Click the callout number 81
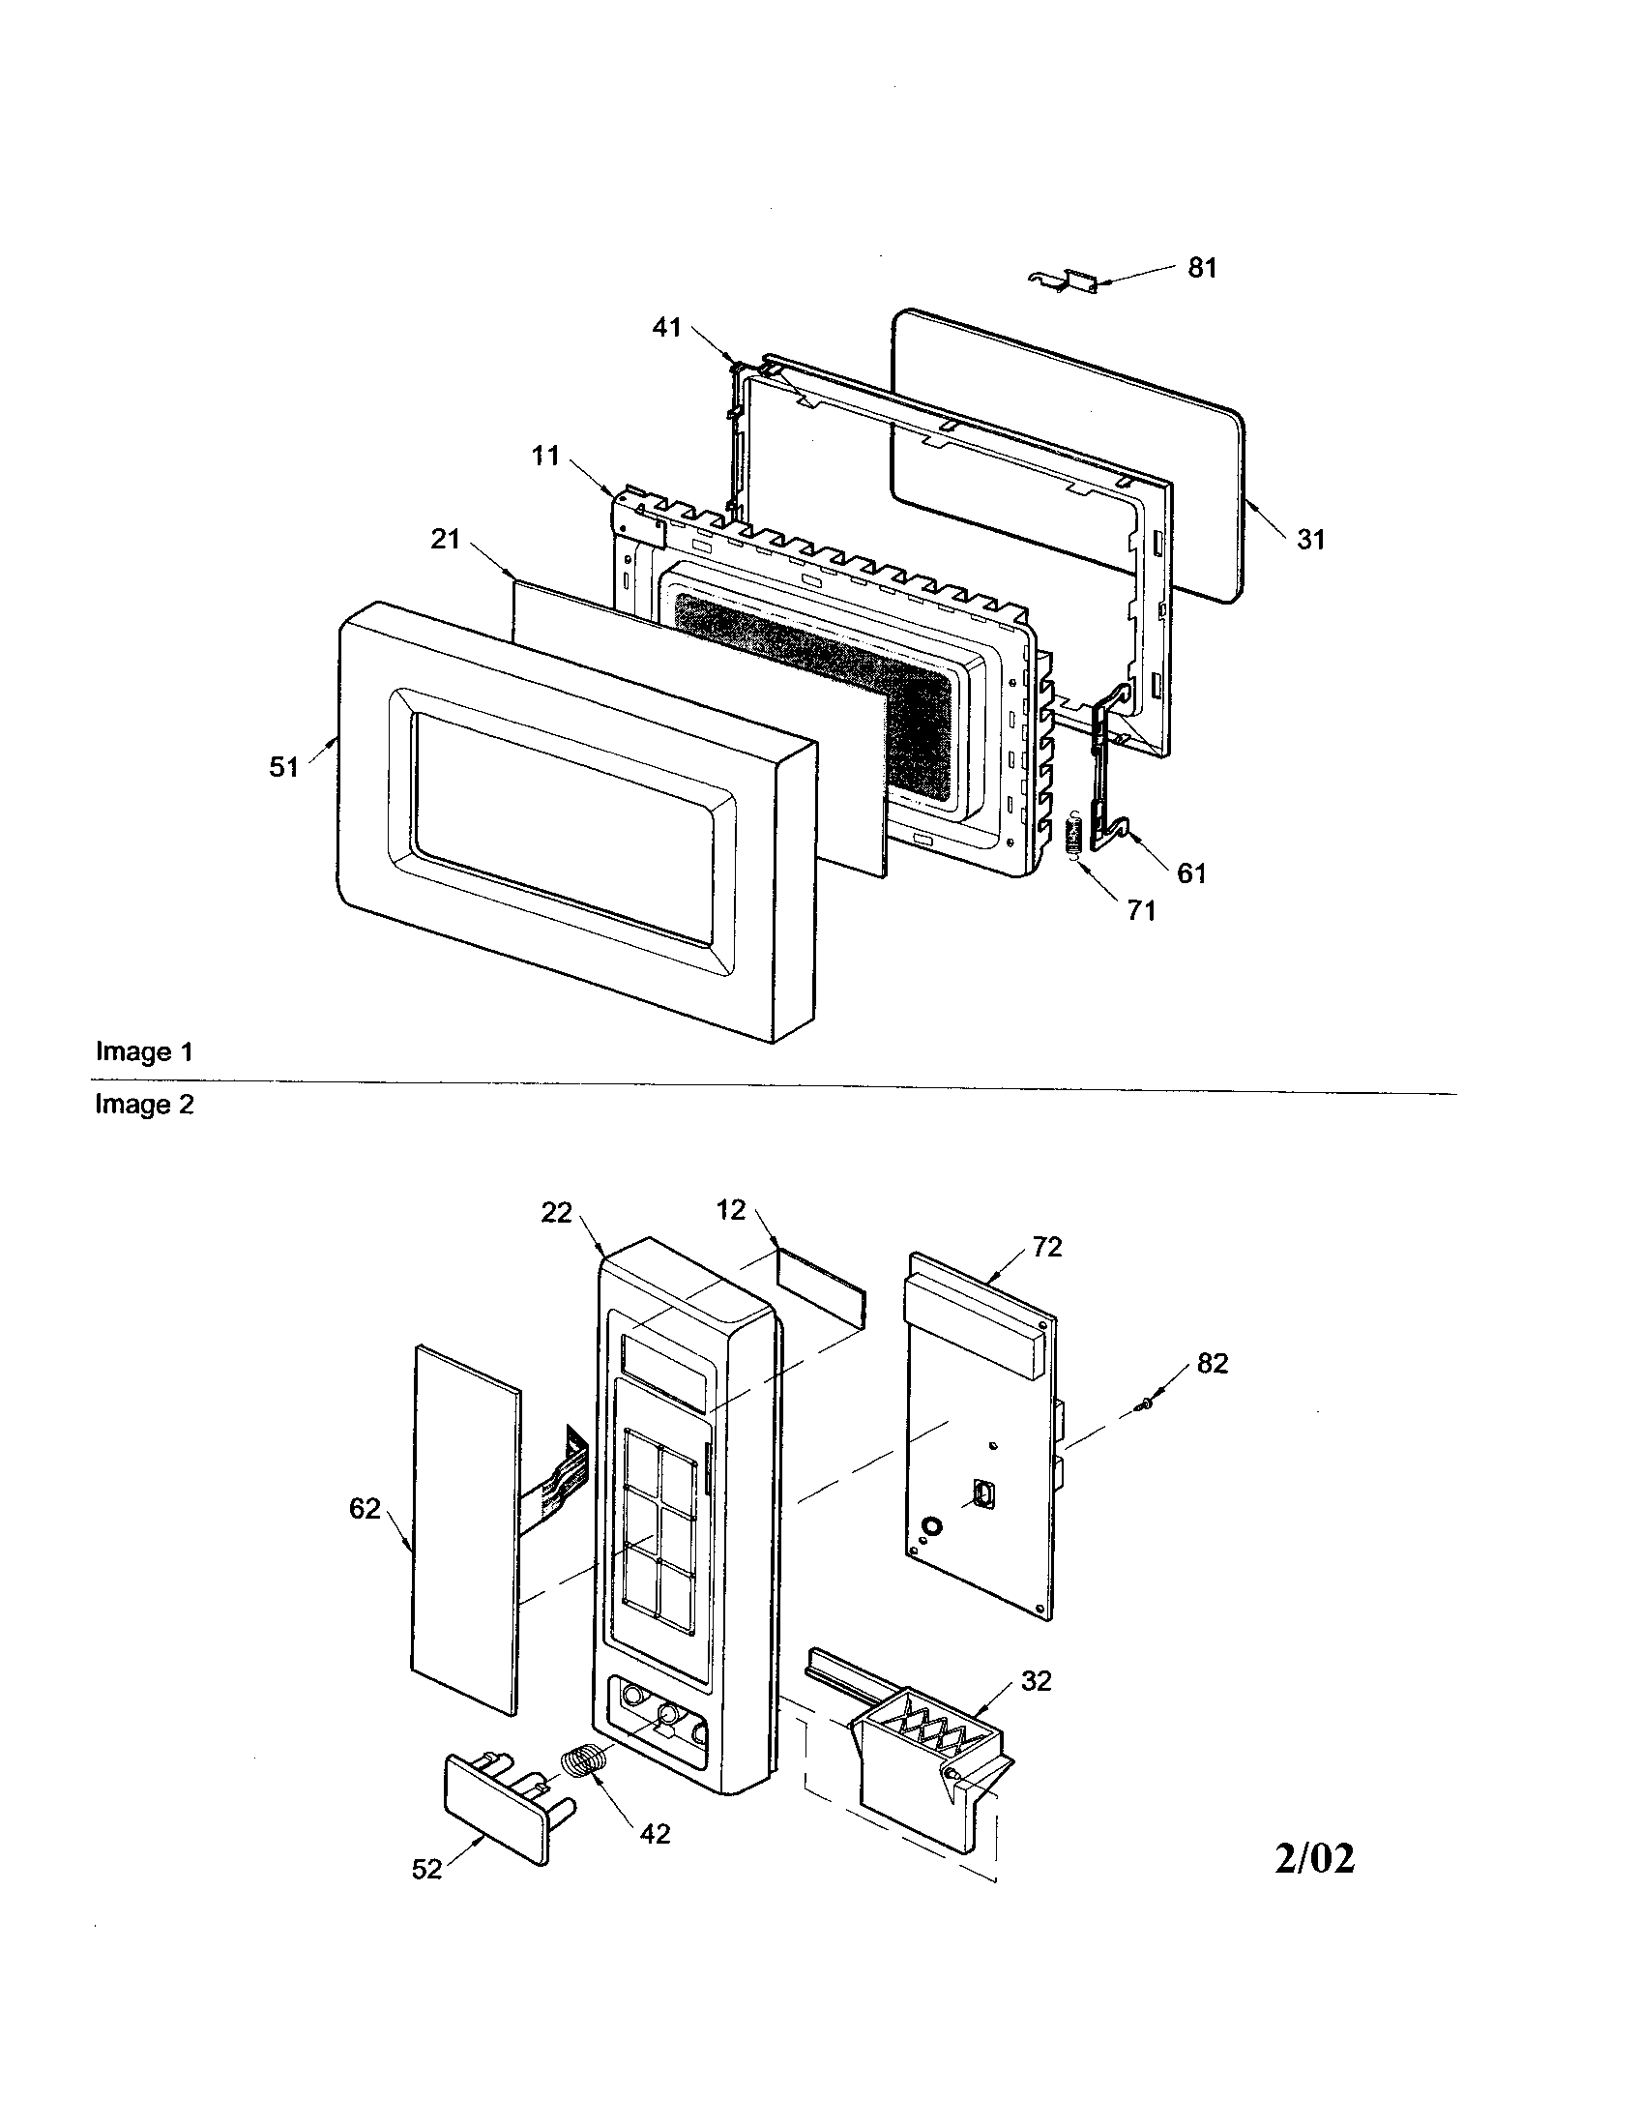click(1202, 268)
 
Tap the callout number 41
click(666, 328)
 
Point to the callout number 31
click(1311, 539)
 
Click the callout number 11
click(545, 455)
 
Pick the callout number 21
click(445, 539)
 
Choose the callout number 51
click(283, 767)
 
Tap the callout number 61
click(1192, 873)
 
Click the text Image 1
click(144, 1052)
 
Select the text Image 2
click(144, 1105)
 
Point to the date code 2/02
click(1315, 1859)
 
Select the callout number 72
click(1047, 1246)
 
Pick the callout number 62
click(365, 1508)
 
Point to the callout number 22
click(556, 1213)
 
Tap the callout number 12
click(730, 1210)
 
